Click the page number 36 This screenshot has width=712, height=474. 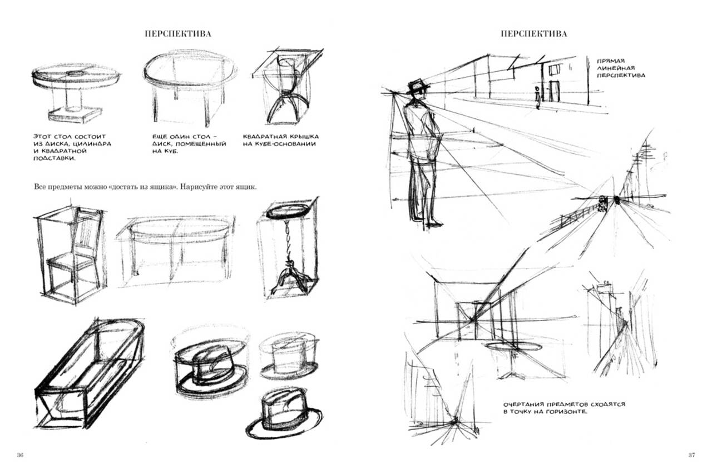20,455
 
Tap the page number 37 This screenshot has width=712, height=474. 691,455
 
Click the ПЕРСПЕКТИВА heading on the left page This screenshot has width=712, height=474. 178,34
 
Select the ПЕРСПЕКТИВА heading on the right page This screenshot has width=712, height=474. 534,34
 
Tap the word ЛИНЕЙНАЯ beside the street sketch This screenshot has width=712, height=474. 616,68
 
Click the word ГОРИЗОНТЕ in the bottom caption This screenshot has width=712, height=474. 567,412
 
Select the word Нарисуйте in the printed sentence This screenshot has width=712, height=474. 195,187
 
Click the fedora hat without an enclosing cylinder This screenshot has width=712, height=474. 284,414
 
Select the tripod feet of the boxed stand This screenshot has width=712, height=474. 289,280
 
